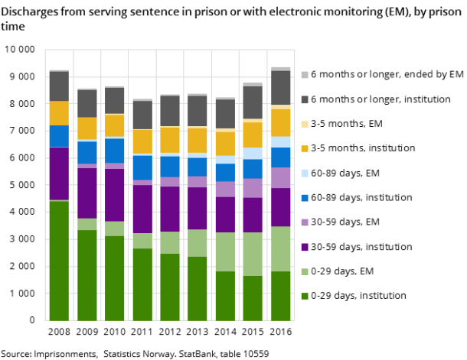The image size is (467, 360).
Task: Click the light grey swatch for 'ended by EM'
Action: tap(305, 74)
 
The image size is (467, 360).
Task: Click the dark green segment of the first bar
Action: tap(59, 260)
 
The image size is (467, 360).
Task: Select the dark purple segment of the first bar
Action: tap(59, 174)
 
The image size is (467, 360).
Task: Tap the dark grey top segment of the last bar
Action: tap(280, 87)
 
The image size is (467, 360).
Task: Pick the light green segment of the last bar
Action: tap(280, 248)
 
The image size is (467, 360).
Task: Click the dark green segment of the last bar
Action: tap(280, 296)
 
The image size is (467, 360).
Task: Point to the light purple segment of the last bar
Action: tap(280, 177)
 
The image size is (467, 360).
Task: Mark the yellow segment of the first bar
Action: tap(59, 113)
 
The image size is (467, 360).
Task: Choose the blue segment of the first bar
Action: tap(59, 135)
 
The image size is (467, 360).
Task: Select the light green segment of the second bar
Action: tap(87, 224)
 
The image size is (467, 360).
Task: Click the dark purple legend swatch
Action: tap(305, 247)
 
